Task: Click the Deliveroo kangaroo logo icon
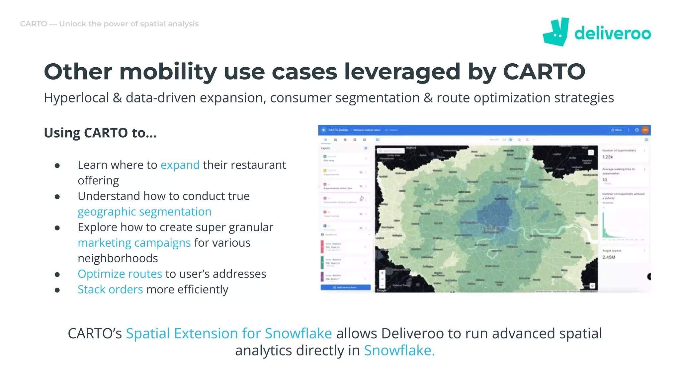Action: pyautogui.click(x=556, y=32)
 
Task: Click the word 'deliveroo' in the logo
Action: pyautogui.click(x=613, y=33)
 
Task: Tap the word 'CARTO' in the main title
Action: pyautogui.click(x=544, y=72)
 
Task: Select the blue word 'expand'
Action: pyautogui.click(x=180, y=165)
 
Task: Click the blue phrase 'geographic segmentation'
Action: pyautogui.click(x=144, y=212)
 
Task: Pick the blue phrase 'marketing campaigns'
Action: pyautogui.click(x=134, y=243)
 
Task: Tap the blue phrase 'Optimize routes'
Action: pyautogui.click(x=120, y=274)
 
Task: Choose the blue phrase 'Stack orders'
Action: pyautogui.click(x=110, y=289)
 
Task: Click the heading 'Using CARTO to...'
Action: pyautogui.click(x=100, y=133)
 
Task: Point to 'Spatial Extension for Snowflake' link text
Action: pyautogui.click(x=229, y=333)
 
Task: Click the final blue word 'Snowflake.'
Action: pyautogui.click(x=399, y=350)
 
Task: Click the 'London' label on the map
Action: pyautogui.click(x=494, y=228)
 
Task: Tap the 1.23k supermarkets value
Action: pyautogui.click(x=608, y=157)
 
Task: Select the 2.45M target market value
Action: pyautogui.click(x=609, y=257)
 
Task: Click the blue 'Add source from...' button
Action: pyautogui.click(x=345, y=287)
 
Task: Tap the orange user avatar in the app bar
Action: pyautogui.click(x=645, y=130)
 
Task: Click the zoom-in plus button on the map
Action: pyautogui.click(x=382, y=273)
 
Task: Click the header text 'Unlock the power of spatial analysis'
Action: pyautogui.click(x=129, y=24)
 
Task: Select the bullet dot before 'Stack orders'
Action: pyautogui.click(x=57, y=290)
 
